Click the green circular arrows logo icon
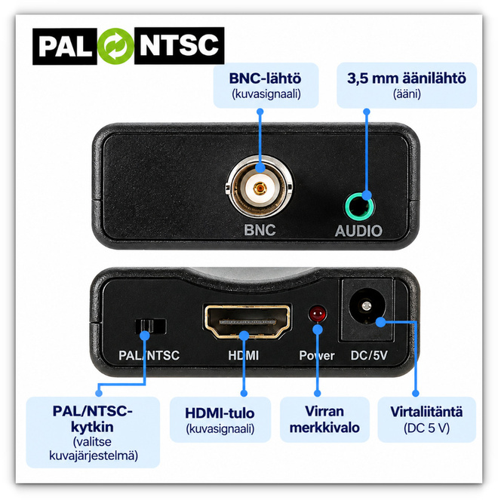point(115,46)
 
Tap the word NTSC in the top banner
point(179,46)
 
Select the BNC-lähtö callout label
point(266,85)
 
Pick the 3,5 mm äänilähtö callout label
point(407,85)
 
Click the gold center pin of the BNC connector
point(260,188)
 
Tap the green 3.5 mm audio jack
point(359,207)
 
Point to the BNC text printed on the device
point(260,230)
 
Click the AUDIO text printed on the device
point(358,231)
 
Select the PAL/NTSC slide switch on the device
point(150,327)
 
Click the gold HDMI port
point(247,321)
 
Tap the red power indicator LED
point(317,314)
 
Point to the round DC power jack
point(367,306)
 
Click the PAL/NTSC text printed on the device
point(149,355)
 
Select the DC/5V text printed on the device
point(369,355)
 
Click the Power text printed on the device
point(317,355)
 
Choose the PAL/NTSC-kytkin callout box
point(93,432)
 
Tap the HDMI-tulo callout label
point(220,419)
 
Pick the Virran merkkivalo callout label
point(324,419)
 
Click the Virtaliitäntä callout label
point(426,419)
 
